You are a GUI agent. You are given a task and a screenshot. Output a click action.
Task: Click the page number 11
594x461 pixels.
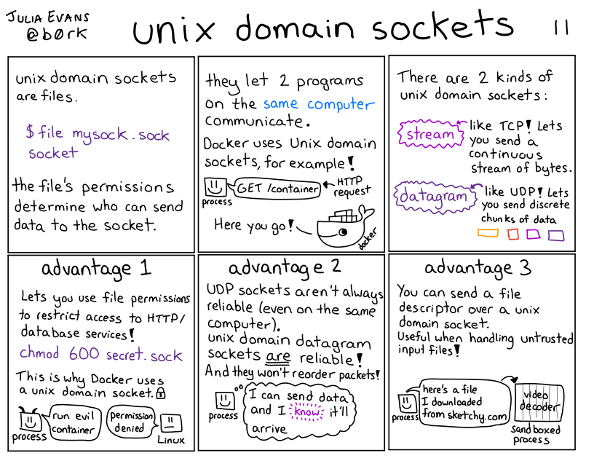560,27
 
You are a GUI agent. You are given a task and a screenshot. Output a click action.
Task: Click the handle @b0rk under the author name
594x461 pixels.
49,34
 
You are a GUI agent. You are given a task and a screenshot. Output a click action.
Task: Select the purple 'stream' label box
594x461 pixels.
429,134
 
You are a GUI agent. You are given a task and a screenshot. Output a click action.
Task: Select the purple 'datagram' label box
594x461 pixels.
431,197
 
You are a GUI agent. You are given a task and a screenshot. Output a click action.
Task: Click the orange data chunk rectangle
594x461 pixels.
488,233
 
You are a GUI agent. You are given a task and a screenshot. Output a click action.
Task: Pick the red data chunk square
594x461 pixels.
513,234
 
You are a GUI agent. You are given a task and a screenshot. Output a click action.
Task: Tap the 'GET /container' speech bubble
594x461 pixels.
277,189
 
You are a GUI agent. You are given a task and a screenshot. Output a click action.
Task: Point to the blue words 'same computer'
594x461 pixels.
319,103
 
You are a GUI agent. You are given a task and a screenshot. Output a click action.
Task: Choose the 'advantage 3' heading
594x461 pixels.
478,267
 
